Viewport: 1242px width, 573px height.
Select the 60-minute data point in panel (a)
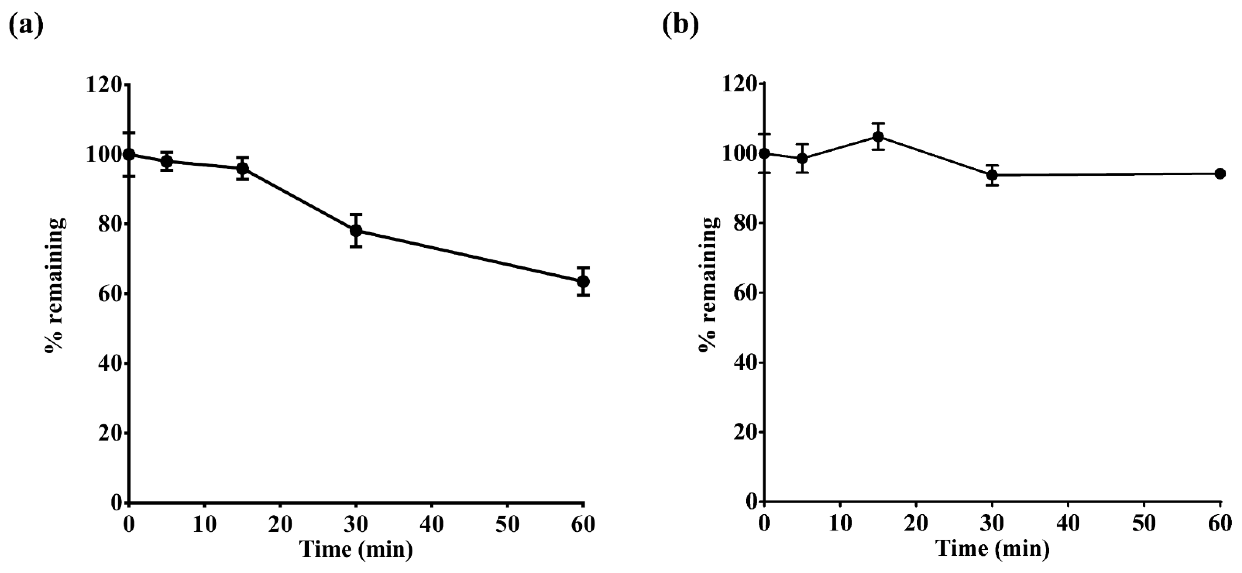tap(583, 281)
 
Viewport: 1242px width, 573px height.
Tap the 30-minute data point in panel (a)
tap(356, 230)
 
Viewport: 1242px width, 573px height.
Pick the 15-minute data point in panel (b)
tap(878, 137)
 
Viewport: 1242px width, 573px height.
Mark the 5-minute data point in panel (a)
tap(167, 161)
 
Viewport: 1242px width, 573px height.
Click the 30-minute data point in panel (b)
tap(992, 175)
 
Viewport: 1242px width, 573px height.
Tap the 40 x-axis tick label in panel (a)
tap(431, 524)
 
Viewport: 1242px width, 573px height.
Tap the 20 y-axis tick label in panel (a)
tap(110, 433)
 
